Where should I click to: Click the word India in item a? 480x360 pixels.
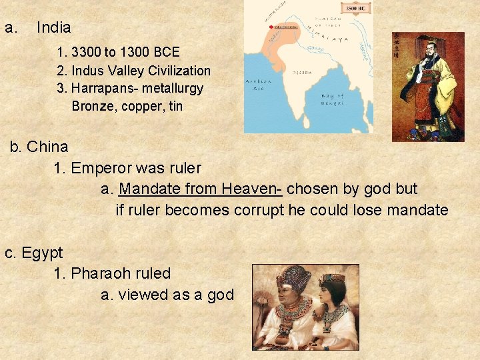pos(53,28)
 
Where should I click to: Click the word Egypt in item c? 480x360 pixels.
pos(42,253)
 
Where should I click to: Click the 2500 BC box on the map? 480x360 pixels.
pos(355,8)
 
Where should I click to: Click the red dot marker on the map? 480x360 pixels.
pos(271,27)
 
